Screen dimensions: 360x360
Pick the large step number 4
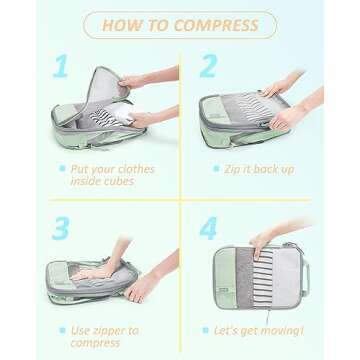pyautogui.click(x=208, y=228)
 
